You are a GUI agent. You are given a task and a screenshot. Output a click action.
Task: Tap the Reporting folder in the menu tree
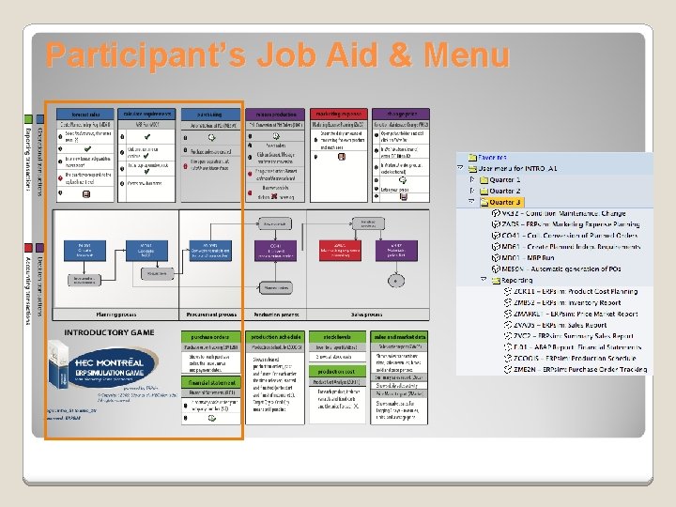[517, 280]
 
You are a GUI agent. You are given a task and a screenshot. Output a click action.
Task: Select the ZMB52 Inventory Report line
[573, 302]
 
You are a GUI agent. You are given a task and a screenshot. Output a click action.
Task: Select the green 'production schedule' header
[274, 336]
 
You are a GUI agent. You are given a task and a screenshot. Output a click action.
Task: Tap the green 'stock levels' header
[337, 336]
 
